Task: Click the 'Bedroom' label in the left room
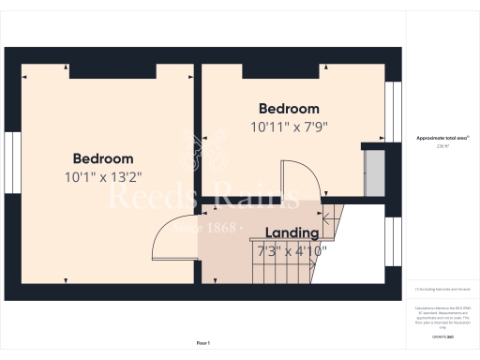coord(103,158)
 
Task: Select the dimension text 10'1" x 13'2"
coord(103,176)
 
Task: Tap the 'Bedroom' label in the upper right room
coord(289,109)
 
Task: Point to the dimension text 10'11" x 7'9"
coord(289,127)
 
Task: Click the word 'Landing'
coord(292,232)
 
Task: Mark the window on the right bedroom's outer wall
coord(393,112)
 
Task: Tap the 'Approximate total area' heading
coord(442,138)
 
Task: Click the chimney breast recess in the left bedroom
coord(112,71)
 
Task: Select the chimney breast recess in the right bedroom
coord(280,71)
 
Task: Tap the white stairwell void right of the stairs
coord(352,253)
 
